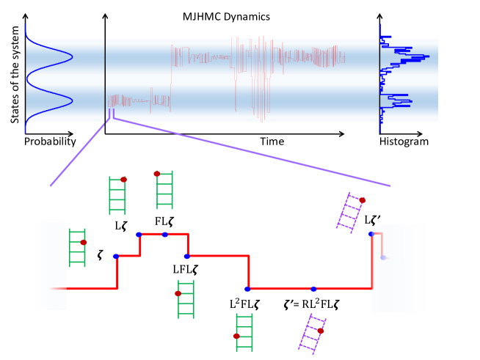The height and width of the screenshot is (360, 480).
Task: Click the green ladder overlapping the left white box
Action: point(77,248)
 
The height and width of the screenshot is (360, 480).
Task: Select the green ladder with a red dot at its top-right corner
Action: point(117,195)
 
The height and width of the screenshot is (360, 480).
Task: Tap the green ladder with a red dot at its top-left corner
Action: point(164,190)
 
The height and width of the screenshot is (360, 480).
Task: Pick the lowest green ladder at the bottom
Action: point(244,332)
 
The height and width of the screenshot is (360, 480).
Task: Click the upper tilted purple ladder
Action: point(351,213)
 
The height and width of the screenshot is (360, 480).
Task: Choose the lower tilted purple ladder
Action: point(313,334)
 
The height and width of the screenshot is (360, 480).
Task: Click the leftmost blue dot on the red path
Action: point(116,256)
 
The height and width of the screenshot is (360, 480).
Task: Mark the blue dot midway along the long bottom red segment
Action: point(313,289)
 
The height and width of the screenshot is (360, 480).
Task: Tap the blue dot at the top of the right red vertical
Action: point(371,234)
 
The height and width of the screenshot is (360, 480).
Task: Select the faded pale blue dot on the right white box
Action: point(383,257)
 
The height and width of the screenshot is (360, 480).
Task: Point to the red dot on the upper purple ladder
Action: point(362,199)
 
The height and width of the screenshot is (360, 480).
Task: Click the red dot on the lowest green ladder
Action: point(236,336)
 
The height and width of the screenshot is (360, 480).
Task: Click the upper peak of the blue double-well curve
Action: point(72,56)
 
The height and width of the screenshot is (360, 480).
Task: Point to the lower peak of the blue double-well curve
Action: point(72,102)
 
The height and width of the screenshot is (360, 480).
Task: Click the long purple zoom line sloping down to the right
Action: point(250,151)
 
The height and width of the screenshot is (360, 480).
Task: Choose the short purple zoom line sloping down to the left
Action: point(78,155)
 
